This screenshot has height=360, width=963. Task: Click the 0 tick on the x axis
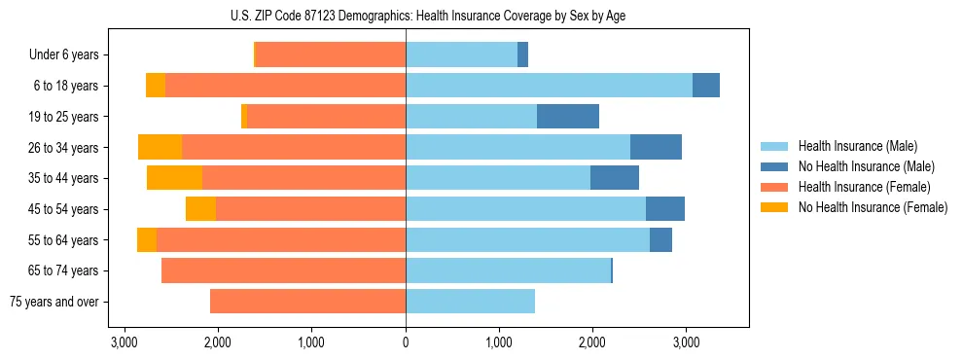(406, 343)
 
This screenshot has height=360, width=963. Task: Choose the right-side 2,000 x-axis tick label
(592, 343)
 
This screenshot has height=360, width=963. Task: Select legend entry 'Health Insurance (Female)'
(864, 187)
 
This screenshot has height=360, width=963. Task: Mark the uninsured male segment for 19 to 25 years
(568, 117)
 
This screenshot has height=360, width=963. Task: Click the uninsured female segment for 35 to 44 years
(174, 178)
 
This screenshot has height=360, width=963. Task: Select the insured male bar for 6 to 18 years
(549, 86)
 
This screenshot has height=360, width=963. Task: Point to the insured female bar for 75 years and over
(307, 302)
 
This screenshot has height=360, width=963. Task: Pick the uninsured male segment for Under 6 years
(522, 55)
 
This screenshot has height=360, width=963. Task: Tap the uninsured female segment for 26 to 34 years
(160, 147)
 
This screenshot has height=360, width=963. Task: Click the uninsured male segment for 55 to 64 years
(660, 239)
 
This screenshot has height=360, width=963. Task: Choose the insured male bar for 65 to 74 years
(508, 270)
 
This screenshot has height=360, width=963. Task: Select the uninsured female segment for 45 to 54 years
(200, 209)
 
